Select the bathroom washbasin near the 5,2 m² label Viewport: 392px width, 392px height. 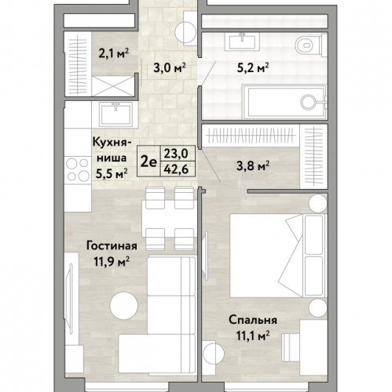coord(242,42)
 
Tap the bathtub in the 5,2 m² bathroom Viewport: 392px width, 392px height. coord(285,102)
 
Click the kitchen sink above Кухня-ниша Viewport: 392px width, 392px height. coord(115,114)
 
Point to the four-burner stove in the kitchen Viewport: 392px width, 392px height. coord(77,170)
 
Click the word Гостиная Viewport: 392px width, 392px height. coord(112,246)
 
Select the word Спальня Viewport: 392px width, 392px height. coord(253,320)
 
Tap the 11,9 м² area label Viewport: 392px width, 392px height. coord(112,262)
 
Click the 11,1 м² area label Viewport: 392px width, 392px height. coord(253,336)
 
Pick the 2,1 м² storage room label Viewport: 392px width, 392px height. coord(114,53)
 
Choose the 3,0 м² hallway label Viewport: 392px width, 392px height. coord(170,68)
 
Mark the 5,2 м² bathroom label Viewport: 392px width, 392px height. coord(252,68)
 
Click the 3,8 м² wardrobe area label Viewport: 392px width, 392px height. coord(253,165)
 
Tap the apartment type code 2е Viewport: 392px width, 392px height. coord(148,162)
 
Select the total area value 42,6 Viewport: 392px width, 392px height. coord(176,169)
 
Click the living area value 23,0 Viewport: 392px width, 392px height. coord(176,154)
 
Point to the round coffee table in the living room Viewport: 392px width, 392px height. coord(123,306)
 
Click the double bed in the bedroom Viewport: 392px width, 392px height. coord(278,256)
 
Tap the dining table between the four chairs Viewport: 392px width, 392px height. coord(169,219)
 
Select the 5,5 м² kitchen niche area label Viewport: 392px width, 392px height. coord(112,174)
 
